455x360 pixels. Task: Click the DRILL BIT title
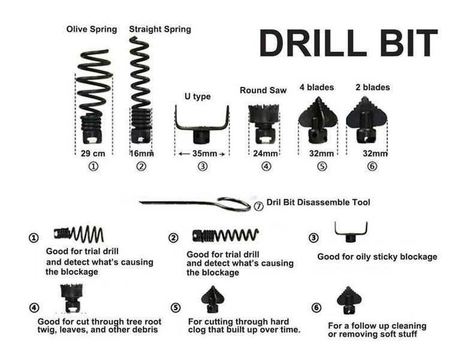348,43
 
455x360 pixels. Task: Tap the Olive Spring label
92,29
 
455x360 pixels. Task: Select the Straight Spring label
160,29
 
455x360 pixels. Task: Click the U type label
197,97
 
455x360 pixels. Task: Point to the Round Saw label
263,90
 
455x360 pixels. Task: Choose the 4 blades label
316,87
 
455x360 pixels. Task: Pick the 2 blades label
372,87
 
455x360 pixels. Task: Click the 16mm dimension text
141,154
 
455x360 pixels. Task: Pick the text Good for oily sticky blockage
377,257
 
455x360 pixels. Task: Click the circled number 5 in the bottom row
175,308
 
